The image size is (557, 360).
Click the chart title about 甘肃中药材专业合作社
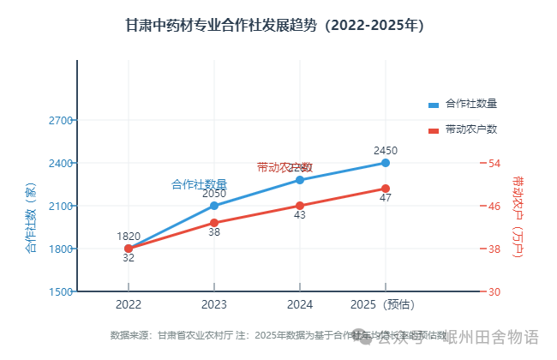pos(275,25)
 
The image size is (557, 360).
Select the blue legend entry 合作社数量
pos(463,104)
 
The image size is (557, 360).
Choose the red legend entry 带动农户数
pos(463,129)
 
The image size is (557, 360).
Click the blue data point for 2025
pos(386,163)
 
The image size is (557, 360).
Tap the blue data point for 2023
pos(214,206)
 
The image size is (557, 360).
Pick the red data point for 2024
pos(300,206)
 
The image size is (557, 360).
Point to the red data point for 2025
pos(386,189)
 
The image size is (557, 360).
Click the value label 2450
pos(386,151)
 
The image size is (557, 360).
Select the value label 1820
pos(129,237)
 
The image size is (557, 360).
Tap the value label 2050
pos(214,194)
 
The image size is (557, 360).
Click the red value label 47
pos(386,199)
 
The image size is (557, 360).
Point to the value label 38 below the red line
pos(214,232)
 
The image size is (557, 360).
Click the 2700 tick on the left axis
pos(60,120)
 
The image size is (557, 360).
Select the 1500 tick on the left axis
pos(60,292)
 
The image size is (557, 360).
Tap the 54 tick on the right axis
pos(495,163)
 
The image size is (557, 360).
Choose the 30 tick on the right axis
pos(495,292)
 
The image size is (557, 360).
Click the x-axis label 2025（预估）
pos(383,304)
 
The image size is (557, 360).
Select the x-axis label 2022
pos(129,304)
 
